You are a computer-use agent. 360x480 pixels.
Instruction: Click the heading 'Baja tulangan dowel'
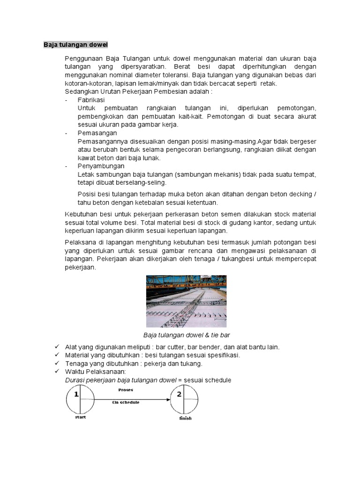coord(75,45)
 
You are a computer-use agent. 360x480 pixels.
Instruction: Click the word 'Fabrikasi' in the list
coord(91,100)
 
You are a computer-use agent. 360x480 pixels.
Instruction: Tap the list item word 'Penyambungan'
coord(101,166)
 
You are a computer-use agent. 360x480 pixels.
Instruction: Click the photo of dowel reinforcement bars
coord(186,300)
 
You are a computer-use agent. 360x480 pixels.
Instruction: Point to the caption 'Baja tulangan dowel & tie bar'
coord(186,336)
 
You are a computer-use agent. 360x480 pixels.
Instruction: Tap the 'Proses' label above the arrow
coord(125,390)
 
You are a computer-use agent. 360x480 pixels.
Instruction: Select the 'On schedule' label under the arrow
coord(125,402)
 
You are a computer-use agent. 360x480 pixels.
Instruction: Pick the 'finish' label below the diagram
coord(186,418)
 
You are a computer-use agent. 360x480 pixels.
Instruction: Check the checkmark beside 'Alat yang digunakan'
coord(57,346)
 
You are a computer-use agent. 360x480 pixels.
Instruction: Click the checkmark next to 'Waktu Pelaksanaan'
coord(57,372)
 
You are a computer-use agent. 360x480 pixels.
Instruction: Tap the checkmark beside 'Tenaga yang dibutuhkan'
coord(57,363)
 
